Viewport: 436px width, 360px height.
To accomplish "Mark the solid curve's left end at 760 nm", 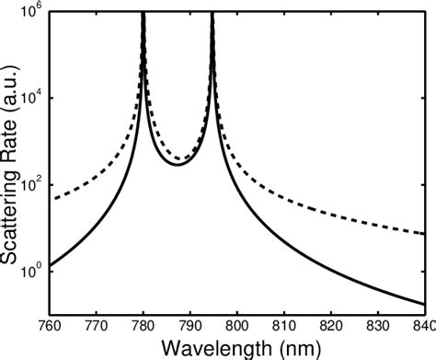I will [51, 266].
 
